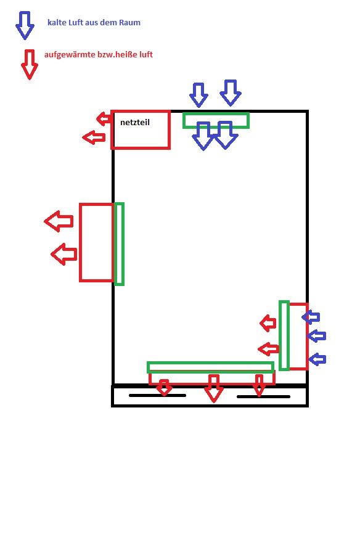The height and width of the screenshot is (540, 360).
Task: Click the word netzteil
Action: [135, 122]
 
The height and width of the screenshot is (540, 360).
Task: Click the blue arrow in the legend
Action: [25, 25]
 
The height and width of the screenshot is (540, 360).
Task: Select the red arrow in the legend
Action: [30, 65]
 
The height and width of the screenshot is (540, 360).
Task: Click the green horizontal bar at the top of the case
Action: [216, 121]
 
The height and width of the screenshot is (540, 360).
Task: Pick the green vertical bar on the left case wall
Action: [119, 244]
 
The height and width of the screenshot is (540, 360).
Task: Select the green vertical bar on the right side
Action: [284, 335]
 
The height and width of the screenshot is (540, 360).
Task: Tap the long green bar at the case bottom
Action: [210, 367]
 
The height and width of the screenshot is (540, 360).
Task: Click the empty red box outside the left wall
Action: [96, 242]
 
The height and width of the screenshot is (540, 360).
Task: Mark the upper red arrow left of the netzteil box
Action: [104, 119]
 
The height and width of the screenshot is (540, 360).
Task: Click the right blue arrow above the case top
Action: [231, 92]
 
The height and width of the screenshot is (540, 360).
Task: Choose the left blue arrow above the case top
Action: [198, 95]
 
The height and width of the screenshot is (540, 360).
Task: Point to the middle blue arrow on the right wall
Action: [316, 336]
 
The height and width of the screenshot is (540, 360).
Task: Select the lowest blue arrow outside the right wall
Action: [317, 359]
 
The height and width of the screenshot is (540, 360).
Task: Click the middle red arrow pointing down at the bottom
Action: [213, 388]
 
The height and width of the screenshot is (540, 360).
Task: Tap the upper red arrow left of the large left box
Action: [59, 221]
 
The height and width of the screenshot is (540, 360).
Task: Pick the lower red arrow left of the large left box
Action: [63, 254]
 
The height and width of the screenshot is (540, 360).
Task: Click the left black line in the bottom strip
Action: [157, 395]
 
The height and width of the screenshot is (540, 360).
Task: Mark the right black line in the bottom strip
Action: [264, 396]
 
